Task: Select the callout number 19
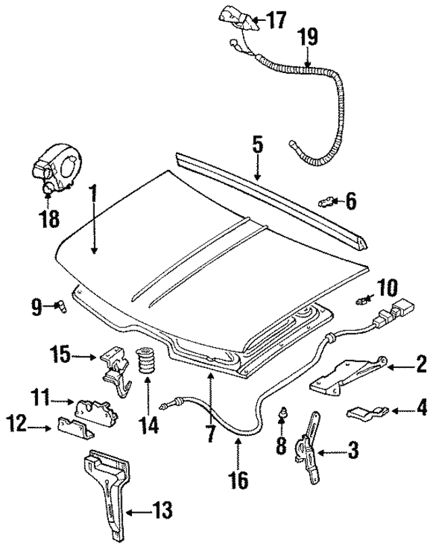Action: click(x=308, y=37)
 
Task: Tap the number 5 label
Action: click(x=257, y=145)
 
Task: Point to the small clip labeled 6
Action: click(x=326, y=201)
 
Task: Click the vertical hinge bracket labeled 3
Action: click(x=309, y=447)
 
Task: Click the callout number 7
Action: click(x=211, y=433)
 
